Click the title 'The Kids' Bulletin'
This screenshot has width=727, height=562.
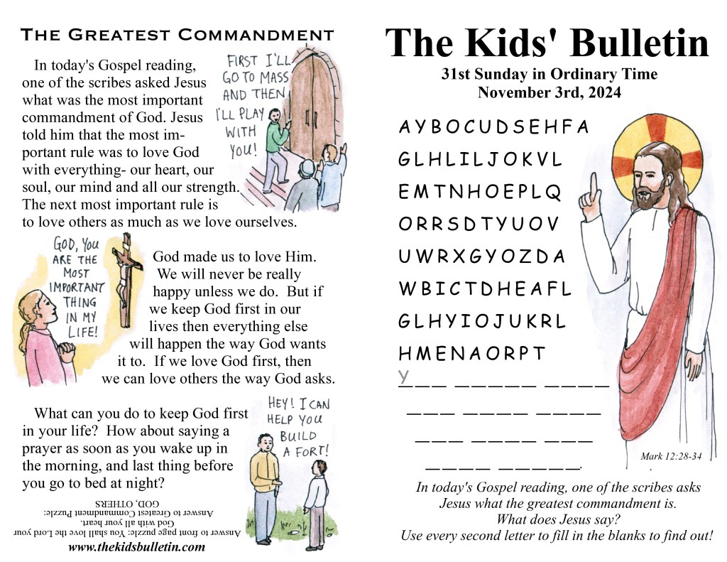click(547, 44)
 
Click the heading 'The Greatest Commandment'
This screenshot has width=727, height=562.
click(177, 34)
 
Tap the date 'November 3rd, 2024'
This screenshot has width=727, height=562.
click(549, 92)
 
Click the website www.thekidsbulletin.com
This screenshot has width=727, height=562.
click(136, 547)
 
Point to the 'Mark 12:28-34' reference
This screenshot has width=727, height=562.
click(670, 457)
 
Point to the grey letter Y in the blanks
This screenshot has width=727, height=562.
click(403, 375)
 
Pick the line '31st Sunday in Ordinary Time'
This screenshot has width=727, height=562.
click(549, 74)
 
